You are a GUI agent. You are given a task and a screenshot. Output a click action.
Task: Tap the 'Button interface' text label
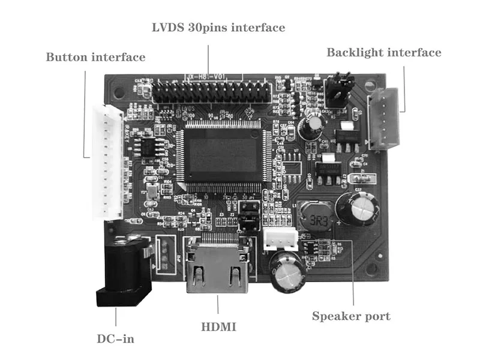point(95,58)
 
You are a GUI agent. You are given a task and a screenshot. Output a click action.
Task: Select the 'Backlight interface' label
point(383,53)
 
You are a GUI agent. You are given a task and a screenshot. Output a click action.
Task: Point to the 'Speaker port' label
point(351,316)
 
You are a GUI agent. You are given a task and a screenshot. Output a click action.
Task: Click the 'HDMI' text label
point(218,327)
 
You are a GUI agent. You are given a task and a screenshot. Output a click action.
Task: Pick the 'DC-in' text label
point(116,339)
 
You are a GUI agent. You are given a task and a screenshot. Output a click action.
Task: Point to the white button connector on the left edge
point(106,162)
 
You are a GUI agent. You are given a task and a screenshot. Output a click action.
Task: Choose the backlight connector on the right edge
point(382,119)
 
